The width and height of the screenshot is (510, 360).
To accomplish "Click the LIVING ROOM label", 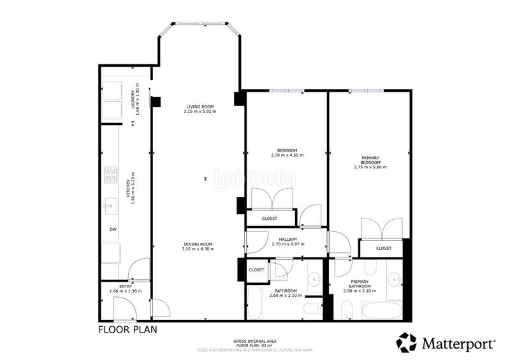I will [200, 106].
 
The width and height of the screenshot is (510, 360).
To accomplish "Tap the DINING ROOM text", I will [198, 244].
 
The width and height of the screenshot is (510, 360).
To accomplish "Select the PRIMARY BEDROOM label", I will [370, 160].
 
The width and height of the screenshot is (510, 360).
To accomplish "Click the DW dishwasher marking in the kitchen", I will [113, 229].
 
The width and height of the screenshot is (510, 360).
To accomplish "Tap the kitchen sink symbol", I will [110, 206].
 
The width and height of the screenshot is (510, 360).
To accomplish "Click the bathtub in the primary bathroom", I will [382, 310].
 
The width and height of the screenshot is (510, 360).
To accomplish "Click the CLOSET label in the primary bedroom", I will [383, 248].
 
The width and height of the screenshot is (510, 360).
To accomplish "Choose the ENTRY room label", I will [125, 287].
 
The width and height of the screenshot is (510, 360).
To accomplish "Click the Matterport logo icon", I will [406, 343].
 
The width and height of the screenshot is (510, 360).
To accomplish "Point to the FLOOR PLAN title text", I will [127, 329].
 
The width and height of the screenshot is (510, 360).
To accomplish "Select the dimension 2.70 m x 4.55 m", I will [287, 155].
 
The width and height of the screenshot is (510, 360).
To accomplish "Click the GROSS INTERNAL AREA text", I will [255, 342].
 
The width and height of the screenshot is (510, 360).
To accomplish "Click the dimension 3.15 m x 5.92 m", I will [200, 112].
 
